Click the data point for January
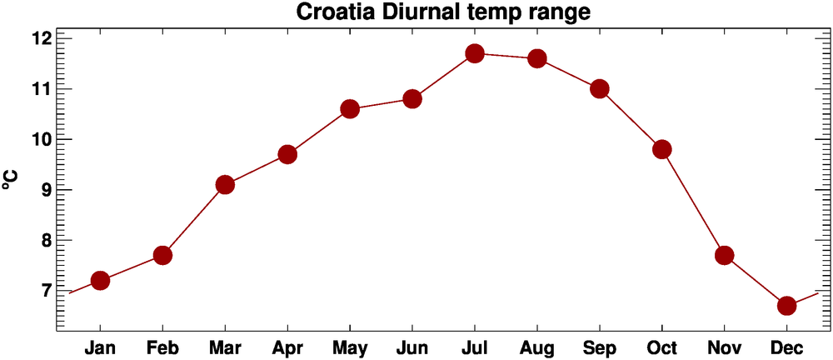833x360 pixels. (x=100, y=280)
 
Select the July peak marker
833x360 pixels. (x=475, y=53)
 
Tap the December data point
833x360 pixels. (x=787, y=306)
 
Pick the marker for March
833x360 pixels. (x=225, y=184)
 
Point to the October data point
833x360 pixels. (x=662, y=149)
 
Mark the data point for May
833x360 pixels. (x=350, y=109)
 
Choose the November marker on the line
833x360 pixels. (x=725, y=255)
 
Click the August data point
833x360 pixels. (x=537, y=58)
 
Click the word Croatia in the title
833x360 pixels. (x=329, y=12)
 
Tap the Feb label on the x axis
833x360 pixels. (x=162, y=347)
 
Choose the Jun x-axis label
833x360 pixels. (x=412, y=347)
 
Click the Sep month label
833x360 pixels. (x=600, y=347)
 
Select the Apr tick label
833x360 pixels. (x=287, y=347)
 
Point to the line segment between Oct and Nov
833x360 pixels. (x=693, y=202)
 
